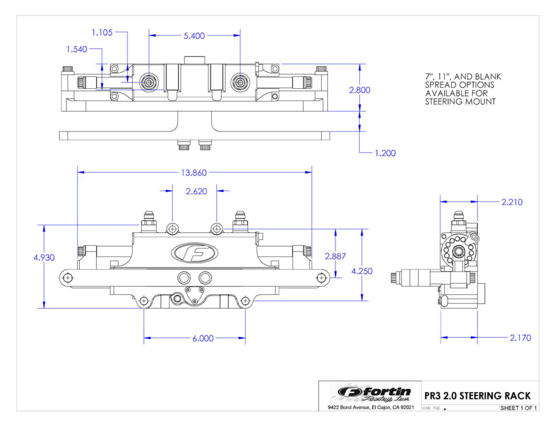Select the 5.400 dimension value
point(195,35)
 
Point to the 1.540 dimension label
point(77,50)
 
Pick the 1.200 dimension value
point(385,153)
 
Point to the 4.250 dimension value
point(362,271)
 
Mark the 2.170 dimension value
point(519,338)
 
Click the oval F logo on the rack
point(194,253)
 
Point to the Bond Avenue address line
point(370,408)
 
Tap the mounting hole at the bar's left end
point(68,277)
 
